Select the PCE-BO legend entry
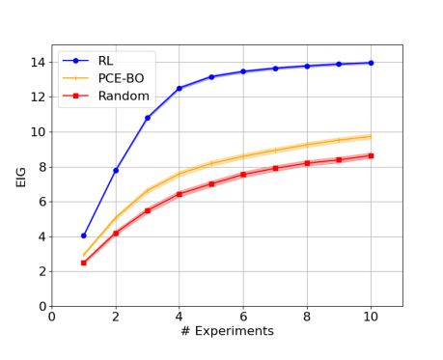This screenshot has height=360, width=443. [x=121, y=77]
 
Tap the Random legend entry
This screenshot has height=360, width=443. [x=121, y=96]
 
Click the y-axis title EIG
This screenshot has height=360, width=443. [x=21, y=175]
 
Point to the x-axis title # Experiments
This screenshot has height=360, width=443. [x=227, y=331]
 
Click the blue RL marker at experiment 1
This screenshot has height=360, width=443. [x=84, y=235]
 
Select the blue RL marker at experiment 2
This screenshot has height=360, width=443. [x=116, y=170]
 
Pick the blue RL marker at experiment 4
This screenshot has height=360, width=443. [x=179, y=88]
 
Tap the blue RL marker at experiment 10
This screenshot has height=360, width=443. [x=371, y=63]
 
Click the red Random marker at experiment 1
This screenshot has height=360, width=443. [x=84, y=263]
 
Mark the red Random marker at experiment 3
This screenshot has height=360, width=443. [x=148, y=210]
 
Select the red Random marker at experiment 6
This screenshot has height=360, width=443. [x=243, y=175]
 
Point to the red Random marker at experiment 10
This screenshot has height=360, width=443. [x=371, y=155]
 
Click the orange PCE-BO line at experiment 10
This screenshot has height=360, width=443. [x=371, y=136]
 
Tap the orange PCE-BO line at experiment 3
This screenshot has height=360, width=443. [x=148, y=191]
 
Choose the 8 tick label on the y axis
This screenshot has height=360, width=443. [x=38, y=167]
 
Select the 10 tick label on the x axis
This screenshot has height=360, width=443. [x=371, y=316]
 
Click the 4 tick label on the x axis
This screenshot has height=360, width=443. [x=179, y=316]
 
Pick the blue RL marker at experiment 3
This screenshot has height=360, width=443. [x=148, y=118]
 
